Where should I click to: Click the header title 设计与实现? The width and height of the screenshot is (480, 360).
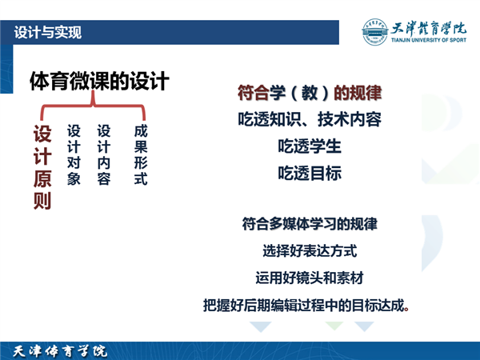[x=48, y=33]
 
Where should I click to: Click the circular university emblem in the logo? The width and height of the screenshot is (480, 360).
[x=374, y=32]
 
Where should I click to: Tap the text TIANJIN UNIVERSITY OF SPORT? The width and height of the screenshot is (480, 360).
[x=429, y=40]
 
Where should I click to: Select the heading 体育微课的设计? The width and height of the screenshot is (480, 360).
[x=99, y=81]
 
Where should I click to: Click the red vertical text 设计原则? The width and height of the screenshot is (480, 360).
[x=42, y=167]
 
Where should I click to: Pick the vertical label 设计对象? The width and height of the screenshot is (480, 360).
[x=74, y=155]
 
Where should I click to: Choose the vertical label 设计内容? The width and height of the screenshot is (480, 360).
[x=104, y=155]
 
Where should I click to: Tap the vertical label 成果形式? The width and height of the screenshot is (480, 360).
[x=141, y=155]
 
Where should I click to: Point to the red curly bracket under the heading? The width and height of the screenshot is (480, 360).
[x=93, y=106]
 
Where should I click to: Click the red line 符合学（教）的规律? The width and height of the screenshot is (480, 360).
[x=310, y=93]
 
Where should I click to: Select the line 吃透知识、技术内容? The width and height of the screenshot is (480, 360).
[x=310, y=119]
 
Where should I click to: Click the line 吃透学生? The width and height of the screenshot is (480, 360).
[x=310, y=146]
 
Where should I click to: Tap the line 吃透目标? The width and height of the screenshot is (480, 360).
[x=310, y=173]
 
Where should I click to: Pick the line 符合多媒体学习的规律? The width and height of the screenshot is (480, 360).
[x=310, y=224]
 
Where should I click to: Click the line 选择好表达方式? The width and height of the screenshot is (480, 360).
[x=310, y=251]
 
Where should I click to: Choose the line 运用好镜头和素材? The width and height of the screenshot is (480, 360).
[x=310, y=278]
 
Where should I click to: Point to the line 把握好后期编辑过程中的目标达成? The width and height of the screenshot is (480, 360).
[x=306, y=306]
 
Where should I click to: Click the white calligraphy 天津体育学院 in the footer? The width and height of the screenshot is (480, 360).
[x=60, y=351]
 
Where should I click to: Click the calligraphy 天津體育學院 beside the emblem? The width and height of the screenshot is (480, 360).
[x=429, y=29]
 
